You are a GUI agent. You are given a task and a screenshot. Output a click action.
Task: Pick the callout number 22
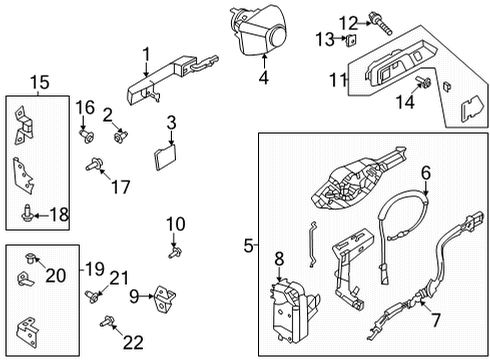pyautogui.click(x=132, y=343)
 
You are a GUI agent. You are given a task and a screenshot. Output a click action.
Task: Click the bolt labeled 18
pyautogui.click(x=25, y=209)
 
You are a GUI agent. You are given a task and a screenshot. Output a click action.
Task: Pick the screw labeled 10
pyautogui.click(x=174, y=251)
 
